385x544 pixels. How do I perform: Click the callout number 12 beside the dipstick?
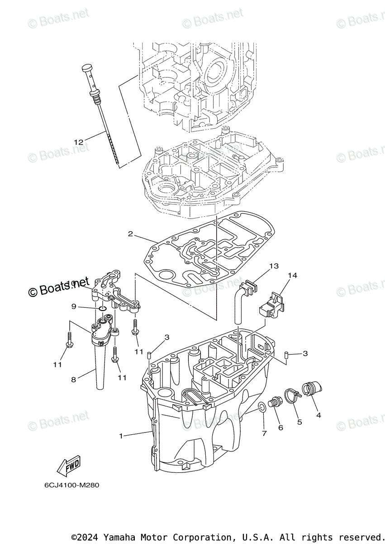79,142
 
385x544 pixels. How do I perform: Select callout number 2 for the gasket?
130,234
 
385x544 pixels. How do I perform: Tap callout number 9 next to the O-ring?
74,307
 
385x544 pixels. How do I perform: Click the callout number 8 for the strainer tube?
74,379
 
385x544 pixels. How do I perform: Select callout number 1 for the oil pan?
121,436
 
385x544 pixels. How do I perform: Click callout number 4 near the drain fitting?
318,414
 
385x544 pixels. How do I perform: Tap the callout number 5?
299,422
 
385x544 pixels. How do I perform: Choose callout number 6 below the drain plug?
280,427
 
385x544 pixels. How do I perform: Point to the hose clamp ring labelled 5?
293,395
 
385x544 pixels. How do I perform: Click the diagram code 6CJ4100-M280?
71,485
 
